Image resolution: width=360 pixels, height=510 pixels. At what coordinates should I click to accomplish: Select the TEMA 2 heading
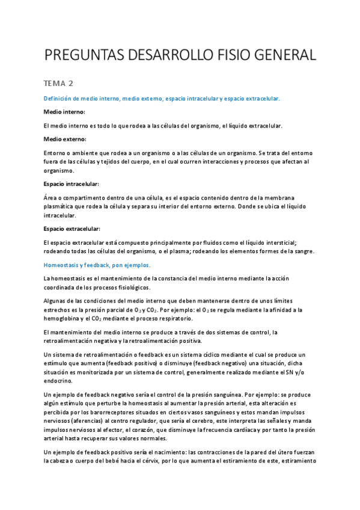[x=61, y=83]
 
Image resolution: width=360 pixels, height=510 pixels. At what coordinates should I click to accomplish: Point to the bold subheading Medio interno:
[x=65, y=112]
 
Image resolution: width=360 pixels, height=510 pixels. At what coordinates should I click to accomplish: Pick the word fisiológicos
[x=126, y=287]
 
